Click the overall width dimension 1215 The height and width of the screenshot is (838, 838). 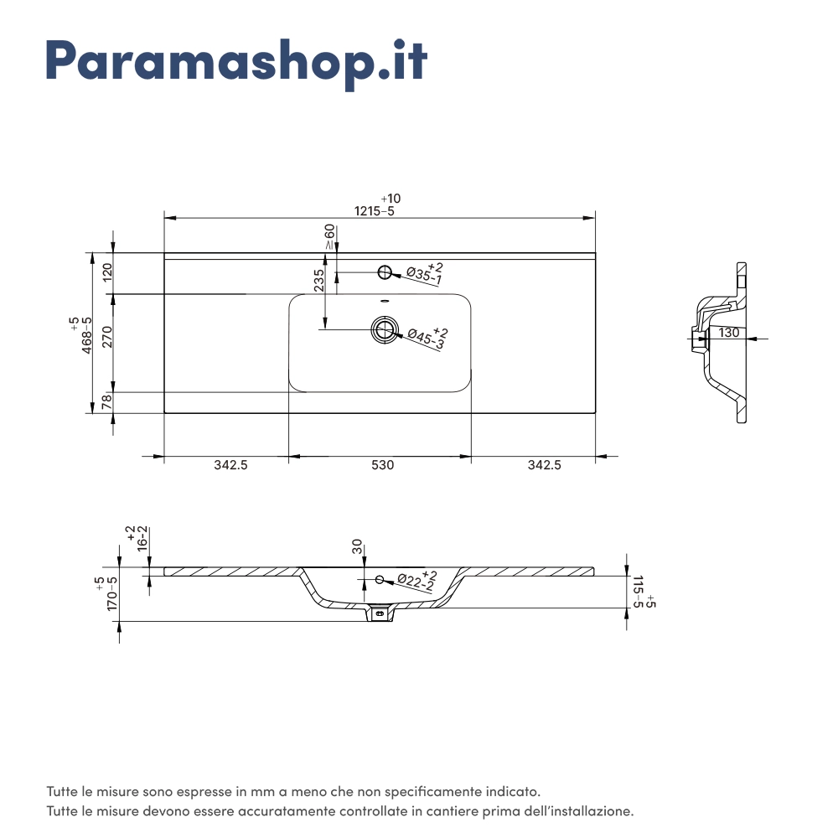click(x=368, y=211)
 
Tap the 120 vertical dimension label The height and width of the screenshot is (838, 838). click(x=107, y=272)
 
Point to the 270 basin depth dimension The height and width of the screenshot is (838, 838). click(x=107, y=336)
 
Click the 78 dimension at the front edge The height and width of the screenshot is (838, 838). click(x=107, y=403)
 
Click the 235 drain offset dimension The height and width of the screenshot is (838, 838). click(x=319, y=281)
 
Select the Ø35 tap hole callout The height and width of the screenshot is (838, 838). click(x=423, y=273)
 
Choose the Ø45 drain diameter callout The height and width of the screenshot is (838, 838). click(x=426, y=339)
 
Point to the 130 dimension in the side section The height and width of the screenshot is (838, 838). click(x=729, y=333)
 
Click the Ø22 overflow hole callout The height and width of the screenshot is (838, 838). click(x=416, y=580)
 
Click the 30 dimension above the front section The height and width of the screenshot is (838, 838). click(x=357, y=547)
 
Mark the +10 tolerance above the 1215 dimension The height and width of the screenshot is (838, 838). click(x=391, y=199)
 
